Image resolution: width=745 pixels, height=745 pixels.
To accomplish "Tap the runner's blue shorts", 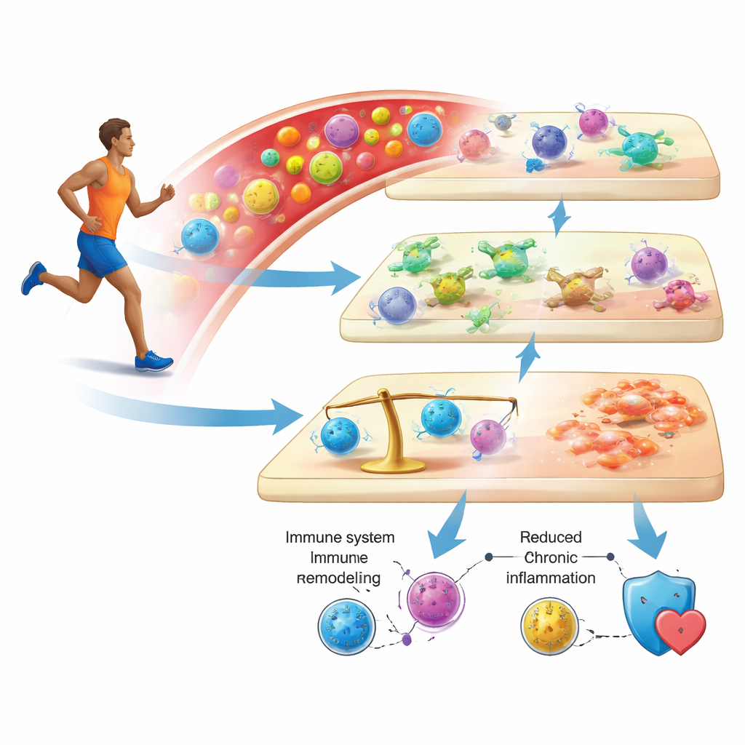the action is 100,252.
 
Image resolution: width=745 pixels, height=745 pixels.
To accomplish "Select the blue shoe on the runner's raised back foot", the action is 33,277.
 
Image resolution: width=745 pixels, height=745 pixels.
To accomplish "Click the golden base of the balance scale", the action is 393,466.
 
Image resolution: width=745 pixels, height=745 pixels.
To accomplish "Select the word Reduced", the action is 551,537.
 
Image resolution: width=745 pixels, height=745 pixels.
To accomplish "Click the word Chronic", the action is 551,557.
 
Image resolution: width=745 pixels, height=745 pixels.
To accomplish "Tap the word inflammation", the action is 551,578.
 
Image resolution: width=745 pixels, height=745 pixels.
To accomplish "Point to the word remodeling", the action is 338,578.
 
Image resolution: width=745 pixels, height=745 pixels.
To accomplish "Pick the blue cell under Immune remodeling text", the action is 346,626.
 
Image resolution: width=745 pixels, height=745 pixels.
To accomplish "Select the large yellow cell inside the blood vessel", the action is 261,196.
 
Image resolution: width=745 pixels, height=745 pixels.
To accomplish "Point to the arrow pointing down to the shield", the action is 646,527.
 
